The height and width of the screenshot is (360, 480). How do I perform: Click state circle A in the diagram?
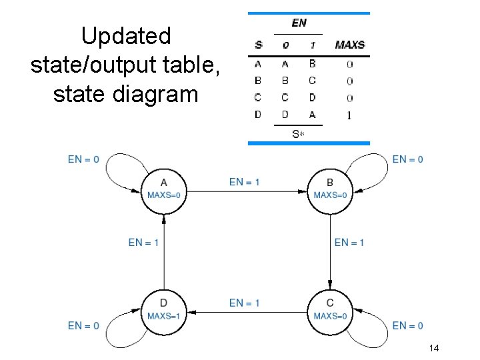164,190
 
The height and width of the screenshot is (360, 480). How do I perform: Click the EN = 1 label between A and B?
245,182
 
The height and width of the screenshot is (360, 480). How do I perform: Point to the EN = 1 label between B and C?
349,243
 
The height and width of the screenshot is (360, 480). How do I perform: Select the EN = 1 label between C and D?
245,303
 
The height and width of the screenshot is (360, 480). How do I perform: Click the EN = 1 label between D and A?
143,243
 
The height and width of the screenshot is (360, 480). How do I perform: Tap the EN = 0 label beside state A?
83,159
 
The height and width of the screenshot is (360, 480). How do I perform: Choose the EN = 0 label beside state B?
407,159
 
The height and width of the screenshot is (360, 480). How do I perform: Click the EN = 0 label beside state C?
407,325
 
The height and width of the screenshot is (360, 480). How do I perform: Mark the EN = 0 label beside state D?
83,325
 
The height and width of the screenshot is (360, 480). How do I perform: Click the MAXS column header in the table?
349,45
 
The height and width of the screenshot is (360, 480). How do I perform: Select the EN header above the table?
299,23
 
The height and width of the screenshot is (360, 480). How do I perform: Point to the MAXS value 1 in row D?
349,115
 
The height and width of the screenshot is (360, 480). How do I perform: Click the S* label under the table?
298,134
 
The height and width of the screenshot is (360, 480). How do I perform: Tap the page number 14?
434,348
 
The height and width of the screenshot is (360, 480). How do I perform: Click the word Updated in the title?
126,36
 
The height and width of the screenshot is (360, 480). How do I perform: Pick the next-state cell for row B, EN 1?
312,81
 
